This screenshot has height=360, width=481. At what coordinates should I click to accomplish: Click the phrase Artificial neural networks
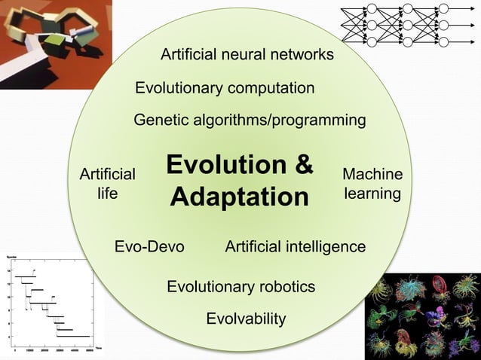point(247,55)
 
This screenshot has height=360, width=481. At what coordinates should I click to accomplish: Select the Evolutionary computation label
point(225,88)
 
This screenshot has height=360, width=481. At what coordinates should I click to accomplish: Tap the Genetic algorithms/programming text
point(250,121)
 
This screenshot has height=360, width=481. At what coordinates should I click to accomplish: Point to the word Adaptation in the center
point(240,197)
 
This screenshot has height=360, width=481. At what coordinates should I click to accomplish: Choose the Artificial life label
point(108,185)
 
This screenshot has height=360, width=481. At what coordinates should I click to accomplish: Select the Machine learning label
point(372,185)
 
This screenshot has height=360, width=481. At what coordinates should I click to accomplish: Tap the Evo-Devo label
point(149,247)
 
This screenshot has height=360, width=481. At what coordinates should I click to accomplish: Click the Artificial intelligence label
point(296,247)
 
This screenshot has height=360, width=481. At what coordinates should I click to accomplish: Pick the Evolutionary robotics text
point(240,287)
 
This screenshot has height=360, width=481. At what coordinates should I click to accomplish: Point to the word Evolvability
point(246,319)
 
